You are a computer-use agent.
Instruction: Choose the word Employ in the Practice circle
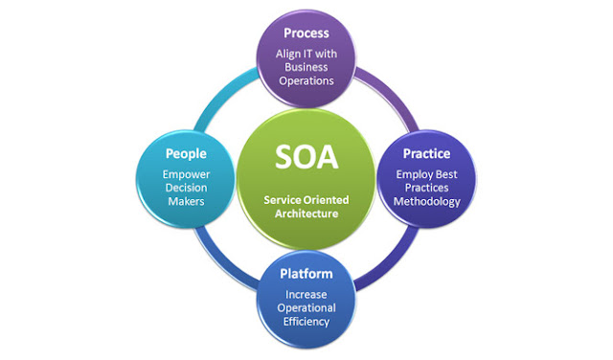point(408,173)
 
